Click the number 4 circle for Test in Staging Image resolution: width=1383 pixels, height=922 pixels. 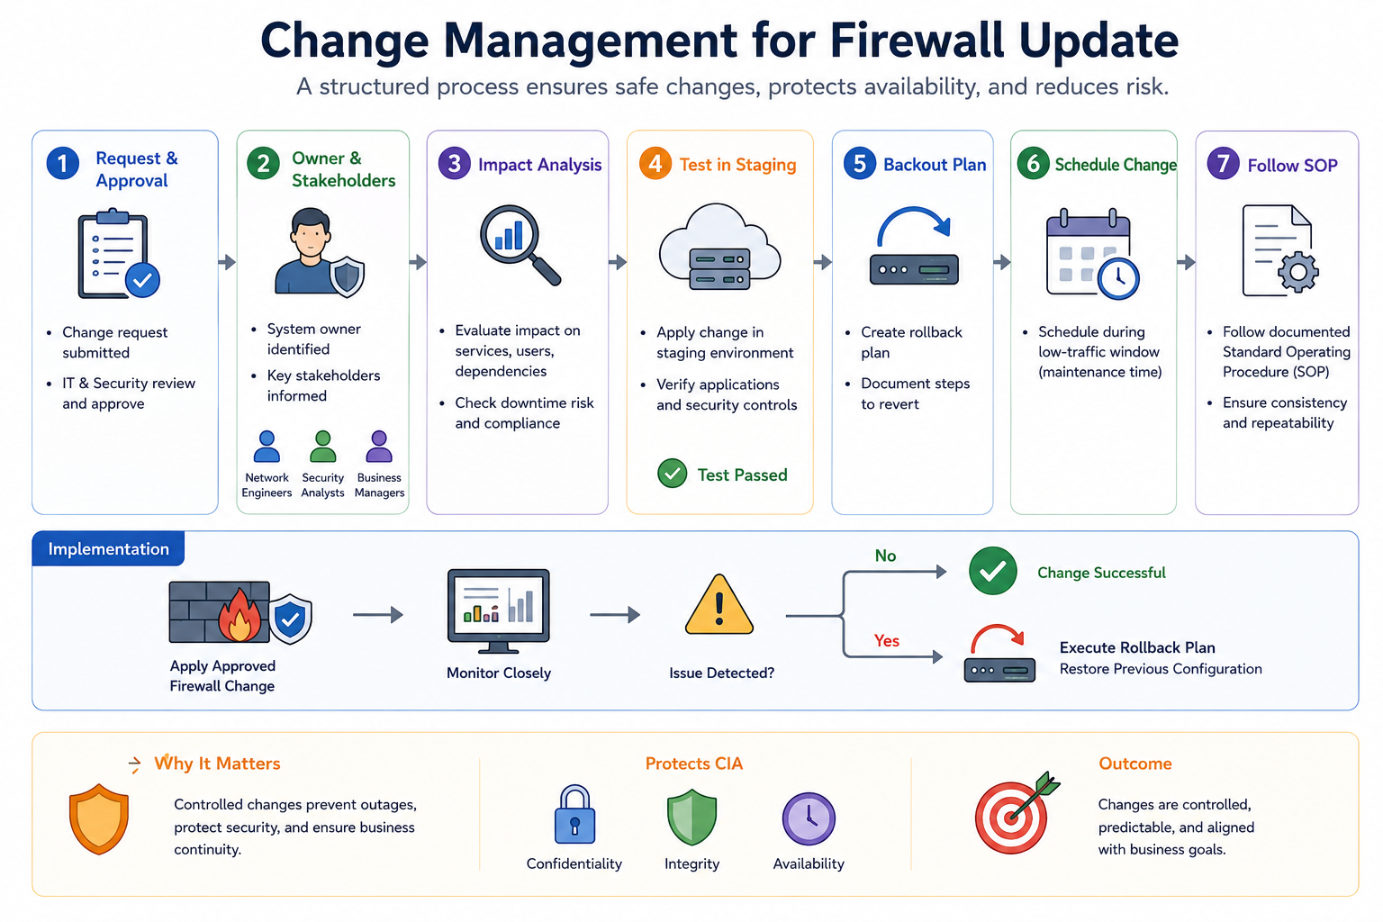[x=655, y=164]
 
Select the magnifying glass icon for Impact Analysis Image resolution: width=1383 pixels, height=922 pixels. [x=520, y=245]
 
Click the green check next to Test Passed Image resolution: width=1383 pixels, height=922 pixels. [x=673, y=475]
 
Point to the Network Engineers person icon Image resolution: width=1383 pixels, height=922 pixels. [x=267, y=447]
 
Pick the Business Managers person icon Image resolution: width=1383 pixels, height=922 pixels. [x=379, y=447]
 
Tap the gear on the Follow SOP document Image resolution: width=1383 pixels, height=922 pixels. [x=1297, y=272]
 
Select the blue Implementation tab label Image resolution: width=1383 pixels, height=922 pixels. [x=108, y=548]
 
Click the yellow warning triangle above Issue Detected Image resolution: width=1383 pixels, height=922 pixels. [x=719, y=605]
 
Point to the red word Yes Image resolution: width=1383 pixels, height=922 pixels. [x=887, y=641]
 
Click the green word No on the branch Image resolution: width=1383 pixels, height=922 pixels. [x=885, y=556]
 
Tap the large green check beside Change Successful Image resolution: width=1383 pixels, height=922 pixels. [x=993, y=571]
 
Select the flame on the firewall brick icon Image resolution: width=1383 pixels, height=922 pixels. [x=240, y=615]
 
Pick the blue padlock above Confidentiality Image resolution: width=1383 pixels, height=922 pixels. [x=574, y=815]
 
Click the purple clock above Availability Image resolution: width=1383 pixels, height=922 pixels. [x=809, y=818]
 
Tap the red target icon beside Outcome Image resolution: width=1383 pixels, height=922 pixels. [x=1016, y=814]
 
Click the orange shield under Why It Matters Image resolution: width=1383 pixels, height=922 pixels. [x=99, y=819]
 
